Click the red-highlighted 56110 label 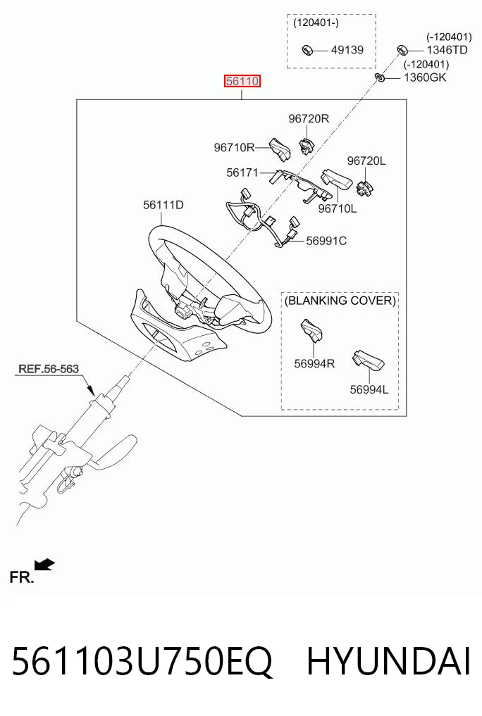[242, 81]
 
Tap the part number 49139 [347, 50]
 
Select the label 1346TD [447, 50]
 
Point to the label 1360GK [425, 77]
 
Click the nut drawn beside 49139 [307, 49]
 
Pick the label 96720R [309, 119]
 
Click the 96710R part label [235, 147]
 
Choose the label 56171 [242, 172]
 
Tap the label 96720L [366, 161]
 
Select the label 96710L [337, 208]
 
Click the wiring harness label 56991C [326, 241]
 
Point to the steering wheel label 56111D [163, 205]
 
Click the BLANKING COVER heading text [340, 301]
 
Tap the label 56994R [314, 363]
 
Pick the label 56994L [369, 389]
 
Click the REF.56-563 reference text [49, 368]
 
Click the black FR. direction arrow [45, 565]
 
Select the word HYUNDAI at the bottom [388, 662]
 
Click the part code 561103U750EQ [142, 662]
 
